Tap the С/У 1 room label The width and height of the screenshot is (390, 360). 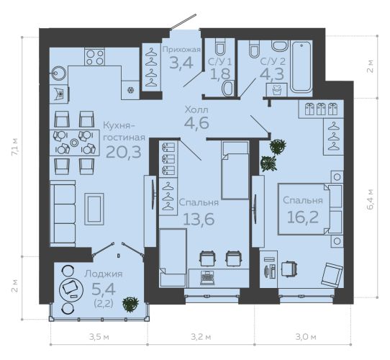(x=219, y=62)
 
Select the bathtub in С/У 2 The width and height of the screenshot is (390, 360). (x=301, y=67)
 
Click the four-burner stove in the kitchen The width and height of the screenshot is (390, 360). (x=94, y=57)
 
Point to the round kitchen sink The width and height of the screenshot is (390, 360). (x=58, y=73)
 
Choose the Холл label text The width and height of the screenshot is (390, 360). (x=196, y=109)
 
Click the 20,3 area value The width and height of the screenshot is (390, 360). (x=124, y=152)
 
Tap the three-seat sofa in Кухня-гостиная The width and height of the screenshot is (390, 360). (x=63, y=214)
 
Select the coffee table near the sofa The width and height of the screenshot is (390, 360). (x=94, y=209)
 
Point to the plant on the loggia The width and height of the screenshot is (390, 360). (x=130, y=305)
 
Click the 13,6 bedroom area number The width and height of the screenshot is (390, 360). (x=199, y=219)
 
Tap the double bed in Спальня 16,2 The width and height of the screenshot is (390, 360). (x=310, y=209)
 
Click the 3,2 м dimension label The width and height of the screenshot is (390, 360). (x=201, y=337)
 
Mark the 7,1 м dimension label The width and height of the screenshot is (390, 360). (x=15, y=147)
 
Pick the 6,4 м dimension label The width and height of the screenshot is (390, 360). (x=371, y=199)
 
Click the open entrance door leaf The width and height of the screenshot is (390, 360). (x=183, y=22)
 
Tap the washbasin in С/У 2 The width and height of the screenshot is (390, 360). (x=280, y=46)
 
